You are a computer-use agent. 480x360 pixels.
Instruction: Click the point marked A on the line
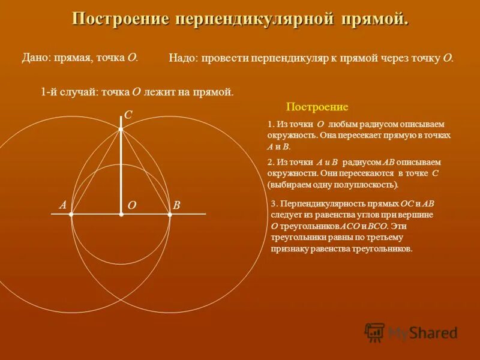click(x=71, y=214)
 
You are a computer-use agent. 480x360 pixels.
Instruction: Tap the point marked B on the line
click(x=170, y=214)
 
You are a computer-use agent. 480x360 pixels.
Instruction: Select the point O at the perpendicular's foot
click(x=121, y=214)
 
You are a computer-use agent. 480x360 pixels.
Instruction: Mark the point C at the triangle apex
click(x=121, y=129)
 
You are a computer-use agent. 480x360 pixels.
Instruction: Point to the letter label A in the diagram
click(x=62, y=205)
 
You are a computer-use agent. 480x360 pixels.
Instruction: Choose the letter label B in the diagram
click(x=176, y=205)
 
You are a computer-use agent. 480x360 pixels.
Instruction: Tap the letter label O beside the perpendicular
click(x=132, y=205)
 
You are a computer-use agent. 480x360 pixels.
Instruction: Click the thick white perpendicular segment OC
click(x=121, y=174)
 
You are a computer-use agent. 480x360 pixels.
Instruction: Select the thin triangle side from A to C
click(x=96, y=172)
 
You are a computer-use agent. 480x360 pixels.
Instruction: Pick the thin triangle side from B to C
click(x=146, y=172)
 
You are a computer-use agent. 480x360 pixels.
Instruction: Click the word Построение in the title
click(x=120, y=19)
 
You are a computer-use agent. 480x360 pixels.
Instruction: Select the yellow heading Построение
click(x=317, y=107)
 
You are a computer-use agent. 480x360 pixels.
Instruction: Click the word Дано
click(x=35, y=58)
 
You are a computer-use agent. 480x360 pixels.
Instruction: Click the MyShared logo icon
click(x=375, y=332)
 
